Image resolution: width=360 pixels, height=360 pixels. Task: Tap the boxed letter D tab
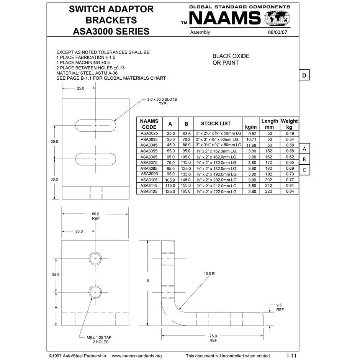(x=304, y=75)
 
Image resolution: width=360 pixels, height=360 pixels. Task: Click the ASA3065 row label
(x=149, y=157)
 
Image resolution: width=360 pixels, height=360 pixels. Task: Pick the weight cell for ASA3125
(x=289, y=191)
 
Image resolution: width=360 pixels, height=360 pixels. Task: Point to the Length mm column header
(x=270, y=124)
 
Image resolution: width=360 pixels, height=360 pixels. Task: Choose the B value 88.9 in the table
(x=186, y=145)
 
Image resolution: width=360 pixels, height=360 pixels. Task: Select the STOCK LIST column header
(x=216, y=124)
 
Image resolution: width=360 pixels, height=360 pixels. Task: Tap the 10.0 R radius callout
(x=209, y=274)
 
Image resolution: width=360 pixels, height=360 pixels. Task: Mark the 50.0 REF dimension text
(x=95, y=216)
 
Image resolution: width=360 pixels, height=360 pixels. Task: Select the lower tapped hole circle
(x=95, y=292)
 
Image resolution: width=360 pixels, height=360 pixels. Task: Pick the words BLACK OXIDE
(x=231, y=56)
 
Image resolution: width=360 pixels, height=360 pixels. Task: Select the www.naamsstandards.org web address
(x=137, y=356)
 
